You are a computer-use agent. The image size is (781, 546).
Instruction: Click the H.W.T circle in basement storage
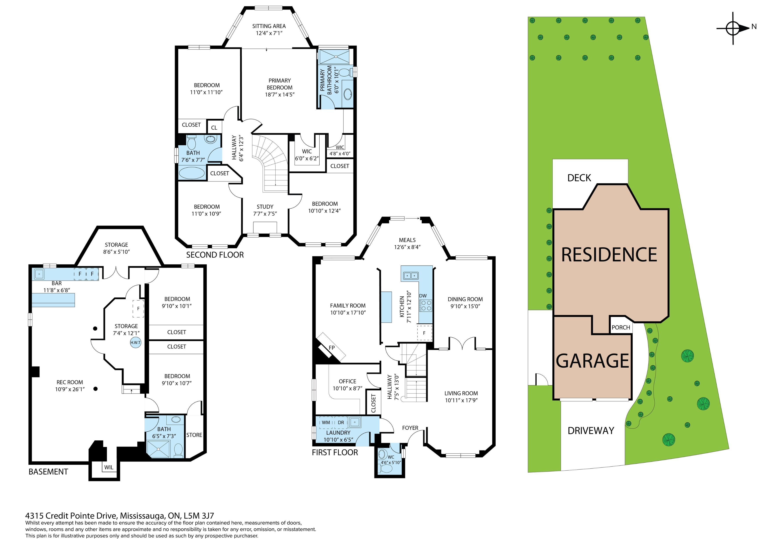pyautogui.click(x=135, y=343)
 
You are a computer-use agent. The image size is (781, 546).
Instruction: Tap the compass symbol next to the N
pyautogui.click(x=733, y=28)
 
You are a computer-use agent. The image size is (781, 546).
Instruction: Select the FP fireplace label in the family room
pyautogui.click(x=332, y=348)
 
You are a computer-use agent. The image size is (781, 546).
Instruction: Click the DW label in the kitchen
pyautogui.click(x=423, y=296)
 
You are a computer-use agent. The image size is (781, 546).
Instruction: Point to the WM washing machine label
pyautogui.click(x=326, y=422)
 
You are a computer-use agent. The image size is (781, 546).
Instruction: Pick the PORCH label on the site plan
pyautogui.click(x=621, y=328)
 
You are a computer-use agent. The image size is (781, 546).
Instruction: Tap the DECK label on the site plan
pyautogui.click(x=579, y=178)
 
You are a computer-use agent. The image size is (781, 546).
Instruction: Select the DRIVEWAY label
pyautogui.click(x=591, y=431)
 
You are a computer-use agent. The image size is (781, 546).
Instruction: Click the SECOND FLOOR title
pyautogui.click(x=215, y=255)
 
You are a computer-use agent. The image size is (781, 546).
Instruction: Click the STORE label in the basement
pyautogui.click(x=194, y=435)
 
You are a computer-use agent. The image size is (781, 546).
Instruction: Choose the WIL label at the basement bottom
pyautogui.click(x=109, y=467)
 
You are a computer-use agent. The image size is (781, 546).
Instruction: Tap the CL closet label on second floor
pyautogui.click(x=214, y=128)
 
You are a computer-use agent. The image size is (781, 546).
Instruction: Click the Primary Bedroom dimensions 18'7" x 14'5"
pyautogui.click(x=280, y=95)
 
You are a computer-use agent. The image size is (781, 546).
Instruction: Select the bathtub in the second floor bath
pyautogui.click(x=192, y=173)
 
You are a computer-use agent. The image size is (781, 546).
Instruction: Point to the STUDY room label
pyautogui.click(x=265, y=207)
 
